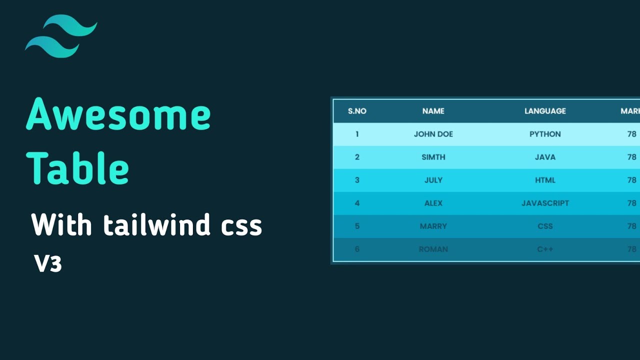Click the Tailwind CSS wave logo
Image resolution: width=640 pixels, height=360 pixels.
click(x=60, y=36)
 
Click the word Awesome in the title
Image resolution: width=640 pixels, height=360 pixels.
click(x=118, y=115)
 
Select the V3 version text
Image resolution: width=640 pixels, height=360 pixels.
click(x=48, y=263)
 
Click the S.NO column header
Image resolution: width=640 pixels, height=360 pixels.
click(x=357, y=111)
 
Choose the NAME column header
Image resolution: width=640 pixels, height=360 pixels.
click(x=433, y=111)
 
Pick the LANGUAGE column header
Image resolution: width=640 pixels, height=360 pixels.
click(x=545, y=111)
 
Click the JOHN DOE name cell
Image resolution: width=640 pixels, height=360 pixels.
click(x=433, y=134)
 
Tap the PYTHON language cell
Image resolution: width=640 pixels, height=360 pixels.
click(x=545, y=134)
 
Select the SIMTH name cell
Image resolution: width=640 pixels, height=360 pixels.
click(x=433, y=157)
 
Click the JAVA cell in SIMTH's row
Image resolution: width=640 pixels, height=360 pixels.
click(x=545, y=157)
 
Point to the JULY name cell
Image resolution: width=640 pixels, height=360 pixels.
click(x=433, y=180)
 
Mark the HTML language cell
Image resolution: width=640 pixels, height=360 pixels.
click(x=545, y=180)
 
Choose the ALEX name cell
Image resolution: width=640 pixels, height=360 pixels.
click(x=433, y=203)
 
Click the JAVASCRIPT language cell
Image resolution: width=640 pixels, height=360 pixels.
click(x=545, y=203)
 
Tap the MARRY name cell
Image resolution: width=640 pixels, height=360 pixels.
click(x=433, y=226)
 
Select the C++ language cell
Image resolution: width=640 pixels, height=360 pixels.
click(x=545, y=249)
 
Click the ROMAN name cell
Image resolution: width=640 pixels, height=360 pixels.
click(x=433, y=249)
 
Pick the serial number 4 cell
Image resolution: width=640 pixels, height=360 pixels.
click(x=357, y=203)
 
